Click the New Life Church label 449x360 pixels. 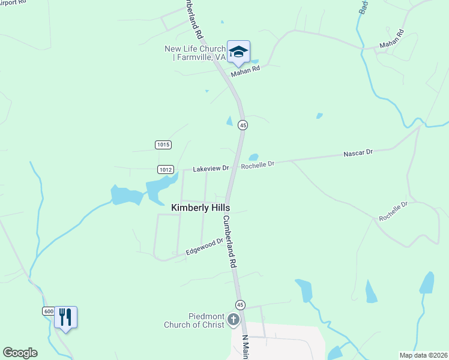[195, 53]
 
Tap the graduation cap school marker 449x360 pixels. [238, 52]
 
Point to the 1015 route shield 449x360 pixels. [163, 145]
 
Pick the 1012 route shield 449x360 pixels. [166, 170]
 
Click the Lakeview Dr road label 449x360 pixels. [211, 169]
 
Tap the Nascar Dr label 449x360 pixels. [358, 153]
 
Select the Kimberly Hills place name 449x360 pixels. [200, 208]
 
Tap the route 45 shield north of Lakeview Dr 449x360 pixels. [243, 125]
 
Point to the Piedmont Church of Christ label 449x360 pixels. [194, 321]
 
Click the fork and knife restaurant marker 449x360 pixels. [65, 316]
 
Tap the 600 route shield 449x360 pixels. [49, 311]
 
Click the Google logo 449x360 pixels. [20, 353]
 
